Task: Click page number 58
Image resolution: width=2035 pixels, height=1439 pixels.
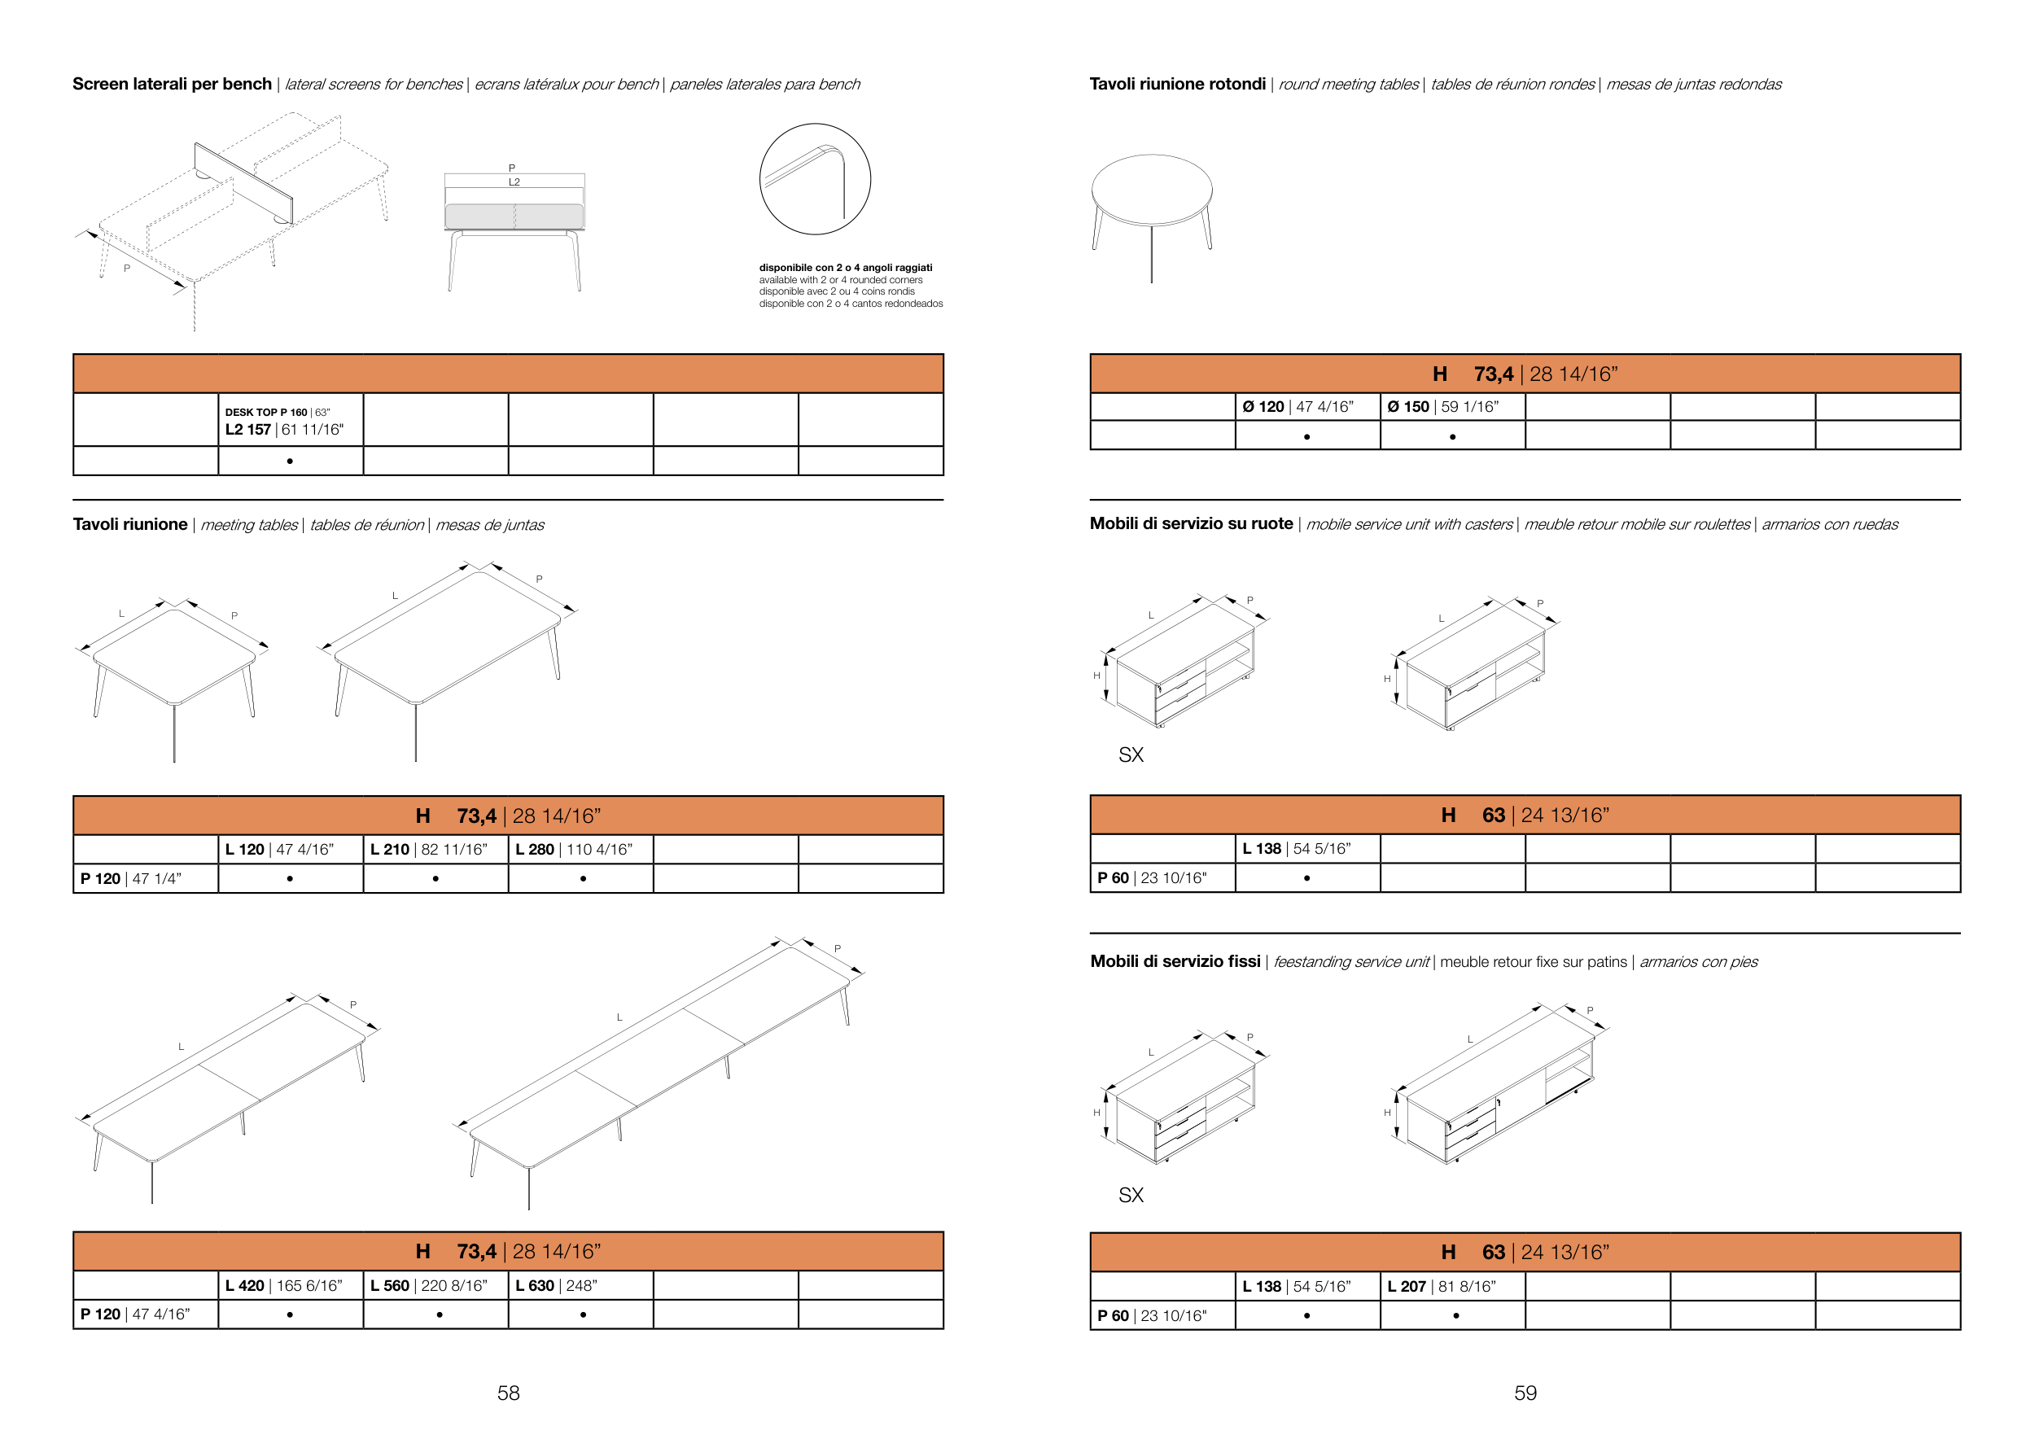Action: coord(508,1393)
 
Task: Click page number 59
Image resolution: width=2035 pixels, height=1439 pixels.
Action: coord(1525,1393)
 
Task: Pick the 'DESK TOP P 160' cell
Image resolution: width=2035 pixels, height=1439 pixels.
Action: coord(291,420)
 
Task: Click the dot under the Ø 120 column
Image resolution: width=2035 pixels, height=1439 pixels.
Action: coord(1307,437)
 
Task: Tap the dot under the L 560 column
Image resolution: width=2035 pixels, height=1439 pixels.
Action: coord(440,1315)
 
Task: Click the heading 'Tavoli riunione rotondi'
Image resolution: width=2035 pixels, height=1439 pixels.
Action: coord(1177,84)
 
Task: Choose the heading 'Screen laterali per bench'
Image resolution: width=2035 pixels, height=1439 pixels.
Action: coord(172,84)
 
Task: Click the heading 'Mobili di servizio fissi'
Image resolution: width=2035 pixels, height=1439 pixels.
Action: coord(1175,961)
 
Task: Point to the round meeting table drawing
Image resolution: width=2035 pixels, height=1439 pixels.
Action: coord(1151,218)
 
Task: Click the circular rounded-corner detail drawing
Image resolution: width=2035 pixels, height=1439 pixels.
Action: coord(815,179)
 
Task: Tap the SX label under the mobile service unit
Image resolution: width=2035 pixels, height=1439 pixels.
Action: coord(1131,755)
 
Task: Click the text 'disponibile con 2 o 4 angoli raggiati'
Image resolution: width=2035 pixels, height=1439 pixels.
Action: coord(846,268)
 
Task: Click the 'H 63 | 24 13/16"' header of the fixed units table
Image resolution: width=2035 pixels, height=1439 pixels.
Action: coord(1525,1252)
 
